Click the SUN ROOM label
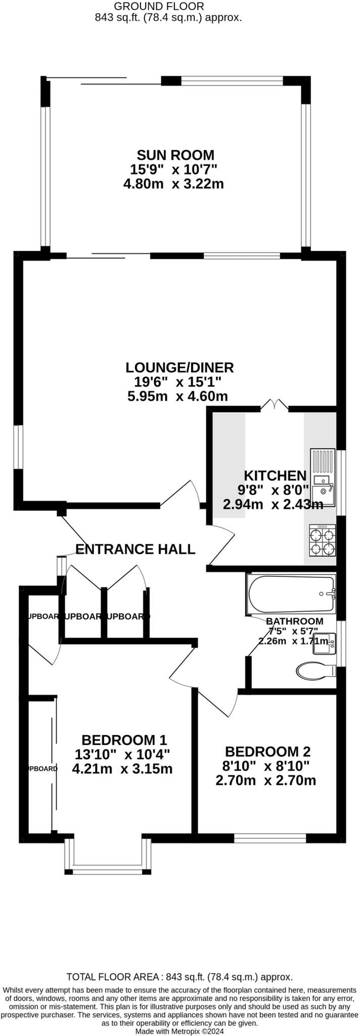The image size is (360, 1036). [175, 155]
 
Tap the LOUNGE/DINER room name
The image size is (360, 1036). [179, 367]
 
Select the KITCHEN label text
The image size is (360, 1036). [275, 476]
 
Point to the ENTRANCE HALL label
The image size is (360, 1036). [135, 549]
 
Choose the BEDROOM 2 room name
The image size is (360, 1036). [267, 751]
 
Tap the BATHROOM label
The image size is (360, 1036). [295, 621]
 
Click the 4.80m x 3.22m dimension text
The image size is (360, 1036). [173, 184]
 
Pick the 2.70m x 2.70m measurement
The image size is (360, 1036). [266, 781]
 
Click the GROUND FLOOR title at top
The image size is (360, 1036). [159, 7]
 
